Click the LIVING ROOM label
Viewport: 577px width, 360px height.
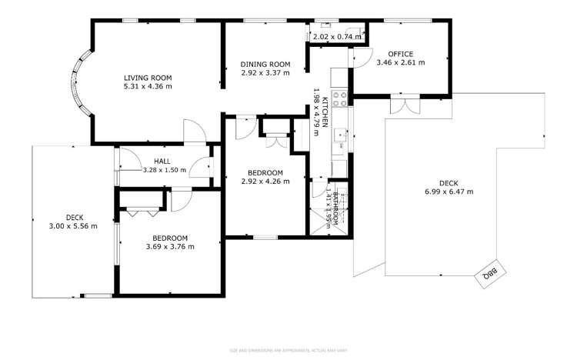[148, 78]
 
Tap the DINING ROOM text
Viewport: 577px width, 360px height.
[265, 64]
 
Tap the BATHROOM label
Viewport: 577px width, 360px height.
[335, 206]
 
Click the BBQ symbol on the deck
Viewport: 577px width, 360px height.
[487, 272]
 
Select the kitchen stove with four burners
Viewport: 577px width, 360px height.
[340, 98]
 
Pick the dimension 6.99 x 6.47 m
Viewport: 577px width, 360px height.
[449, 192]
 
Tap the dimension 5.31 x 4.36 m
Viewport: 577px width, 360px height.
[148, 87]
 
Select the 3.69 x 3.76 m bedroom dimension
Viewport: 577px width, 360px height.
[170, 247]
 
